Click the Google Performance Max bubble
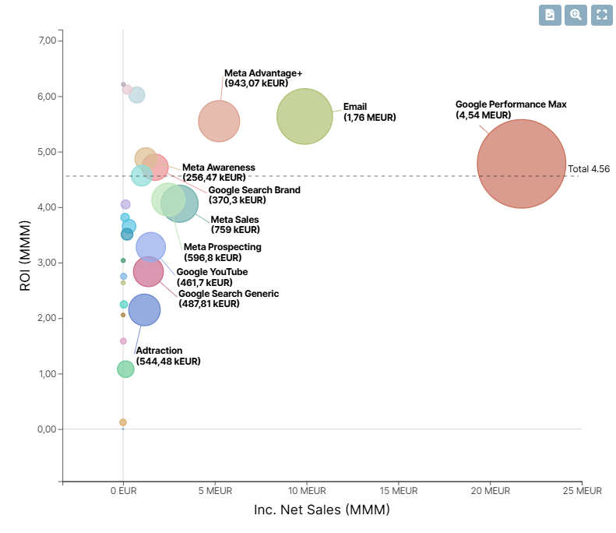pos(521,164)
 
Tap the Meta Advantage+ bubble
pos(219,122)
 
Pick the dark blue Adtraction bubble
pos(144,310)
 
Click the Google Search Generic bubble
pos(148,271)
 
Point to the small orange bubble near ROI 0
pos(123,422)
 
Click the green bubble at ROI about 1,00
pos(125,369)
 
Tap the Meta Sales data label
pos(234,224)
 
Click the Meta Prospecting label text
pos(222,252)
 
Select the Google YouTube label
pos(212,277)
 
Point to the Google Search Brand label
pos(254,195)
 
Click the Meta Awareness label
pos(218,172)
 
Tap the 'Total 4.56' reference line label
pos(589,169)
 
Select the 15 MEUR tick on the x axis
pos(399,491)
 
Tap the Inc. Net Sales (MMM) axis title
pos(322,510)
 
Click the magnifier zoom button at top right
pos(576,15)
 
